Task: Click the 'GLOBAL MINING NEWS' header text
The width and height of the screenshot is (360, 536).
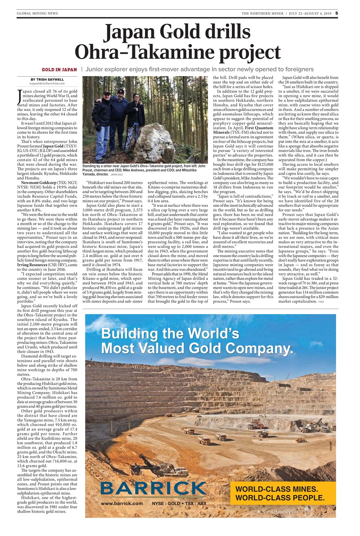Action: (37, 13)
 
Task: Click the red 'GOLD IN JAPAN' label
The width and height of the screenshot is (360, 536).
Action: (59, 69)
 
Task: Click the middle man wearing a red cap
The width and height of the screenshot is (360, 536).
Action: (120, 113)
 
